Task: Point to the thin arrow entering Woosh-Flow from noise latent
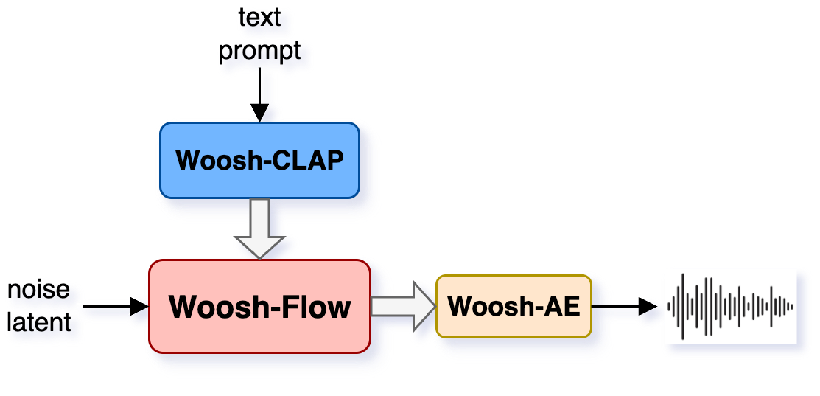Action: (111, 305)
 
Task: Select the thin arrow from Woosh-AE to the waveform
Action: (623, 305)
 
